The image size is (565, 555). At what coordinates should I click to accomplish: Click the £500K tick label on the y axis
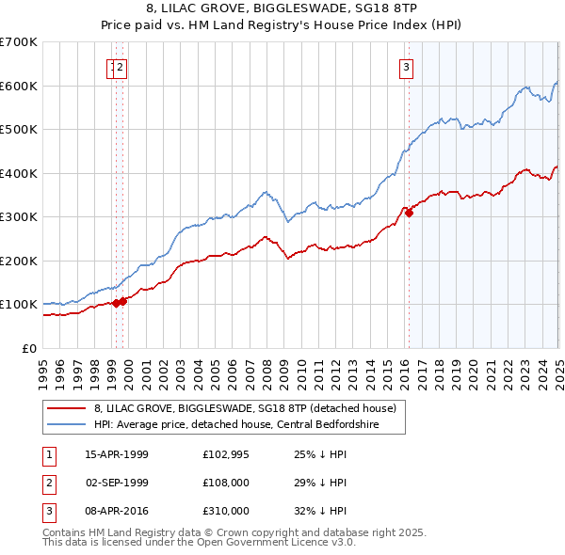click(19, 130)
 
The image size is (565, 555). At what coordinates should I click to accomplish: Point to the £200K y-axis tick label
click(19, 261)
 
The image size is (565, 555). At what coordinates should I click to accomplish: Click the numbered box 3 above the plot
click(406, 67)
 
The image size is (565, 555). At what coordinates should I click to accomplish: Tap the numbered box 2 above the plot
click(122, 67)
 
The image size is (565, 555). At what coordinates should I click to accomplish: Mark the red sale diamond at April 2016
click(409, 214)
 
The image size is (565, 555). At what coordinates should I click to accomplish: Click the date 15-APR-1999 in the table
click(117, 455)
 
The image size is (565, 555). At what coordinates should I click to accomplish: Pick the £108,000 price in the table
click(225, 483)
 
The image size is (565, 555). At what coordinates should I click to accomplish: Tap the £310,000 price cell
click(225, 511)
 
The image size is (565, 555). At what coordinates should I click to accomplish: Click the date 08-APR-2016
click(117, 511)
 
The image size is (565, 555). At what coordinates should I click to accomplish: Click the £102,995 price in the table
click(225, 455)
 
